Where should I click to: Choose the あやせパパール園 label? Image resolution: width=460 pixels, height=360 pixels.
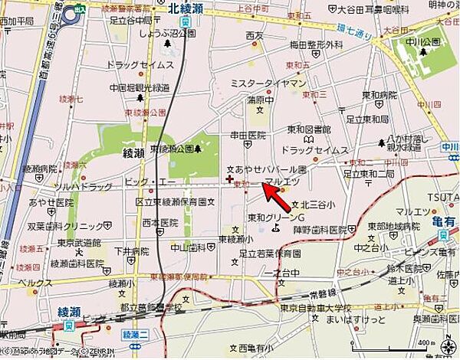265,169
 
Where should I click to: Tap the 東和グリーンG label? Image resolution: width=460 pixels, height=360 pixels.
274,217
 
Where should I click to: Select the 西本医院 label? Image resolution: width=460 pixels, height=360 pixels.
160,223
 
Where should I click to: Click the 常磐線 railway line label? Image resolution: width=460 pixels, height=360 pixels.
345,294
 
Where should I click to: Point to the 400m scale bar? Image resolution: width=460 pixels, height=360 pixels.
437,342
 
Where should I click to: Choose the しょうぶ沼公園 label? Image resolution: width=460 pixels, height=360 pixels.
161,34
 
